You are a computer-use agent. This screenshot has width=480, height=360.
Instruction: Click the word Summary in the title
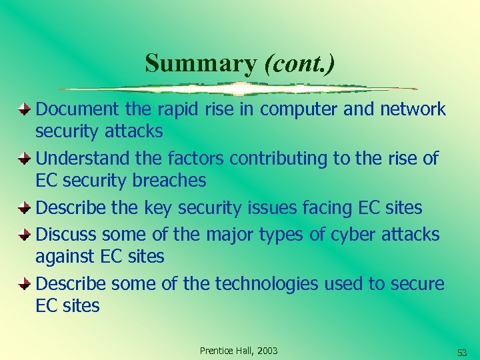pos(200,63)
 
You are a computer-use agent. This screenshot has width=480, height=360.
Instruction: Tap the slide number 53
pos(462,352)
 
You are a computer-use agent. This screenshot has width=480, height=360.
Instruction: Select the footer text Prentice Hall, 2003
pos(239,351)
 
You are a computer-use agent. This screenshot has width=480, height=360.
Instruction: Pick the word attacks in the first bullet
pos(133,131)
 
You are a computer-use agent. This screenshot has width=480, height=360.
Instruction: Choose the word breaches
pos(168,181)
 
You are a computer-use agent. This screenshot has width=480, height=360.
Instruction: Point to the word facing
pos(331,208)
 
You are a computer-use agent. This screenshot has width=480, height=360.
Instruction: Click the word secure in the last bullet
pos(417,285)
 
